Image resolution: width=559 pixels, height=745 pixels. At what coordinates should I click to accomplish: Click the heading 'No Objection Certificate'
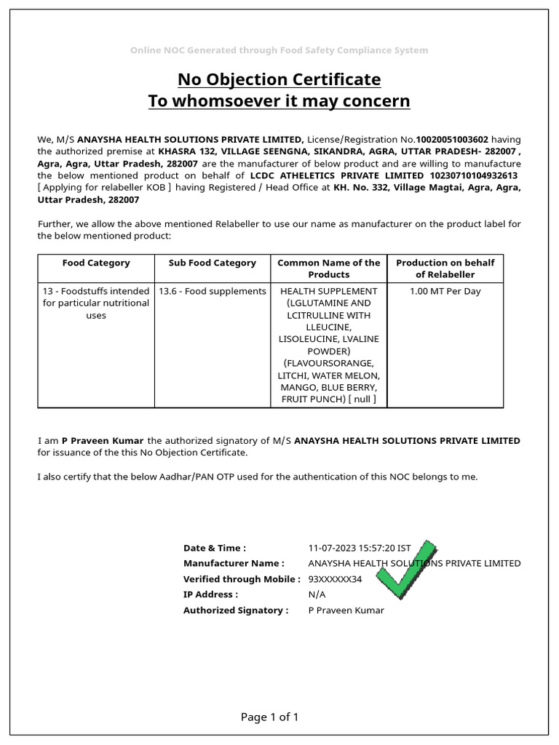[x=279, y=79]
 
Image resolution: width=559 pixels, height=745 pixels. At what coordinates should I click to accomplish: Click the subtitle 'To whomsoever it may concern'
[x=279, y=100]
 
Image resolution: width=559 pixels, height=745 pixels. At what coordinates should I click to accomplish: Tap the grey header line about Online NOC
[x=279, y=50]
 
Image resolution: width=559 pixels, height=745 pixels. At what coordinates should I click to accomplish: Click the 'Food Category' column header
[x=96, y=263]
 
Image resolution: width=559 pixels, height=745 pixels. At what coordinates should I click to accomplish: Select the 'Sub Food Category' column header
[x=213, y=263]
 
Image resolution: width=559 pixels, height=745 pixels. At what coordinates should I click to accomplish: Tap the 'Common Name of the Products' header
[x=329, y=268]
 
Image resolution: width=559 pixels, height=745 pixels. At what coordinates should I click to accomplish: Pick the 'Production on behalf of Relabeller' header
[x=445, y=268]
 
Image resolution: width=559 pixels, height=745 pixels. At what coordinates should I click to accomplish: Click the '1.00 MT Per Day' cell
[x=445, y=291]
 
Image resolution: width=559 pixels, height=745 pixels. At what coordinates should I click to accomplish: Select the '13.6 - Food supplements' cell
[x=213, y=291]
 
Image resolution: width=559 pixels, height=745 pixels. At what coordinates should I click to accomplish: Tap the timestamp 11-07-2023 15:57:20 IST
[x=360, y=548]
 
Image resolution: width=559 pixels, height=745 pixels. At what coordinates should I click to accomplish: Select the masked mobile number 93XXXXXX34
[x=335, y=579]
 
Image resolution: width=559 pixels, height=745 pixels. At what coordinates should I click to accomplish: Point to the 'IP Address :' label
[x=210, y=594]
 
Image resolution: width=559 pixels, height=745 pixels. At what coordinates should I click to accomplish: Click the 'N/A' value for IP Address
[x=317, y=594]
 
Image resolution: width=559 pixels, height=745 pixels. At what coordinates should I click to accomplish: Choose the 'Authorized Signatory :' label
[x=236, y=610]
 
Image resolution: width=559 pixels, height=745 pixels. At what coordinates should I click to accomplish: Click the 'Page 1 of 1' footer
[x=270, y=717]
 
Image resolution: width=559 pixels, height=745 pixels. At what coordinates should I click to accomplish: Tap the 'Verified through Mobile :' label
[x=242, y=579]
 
